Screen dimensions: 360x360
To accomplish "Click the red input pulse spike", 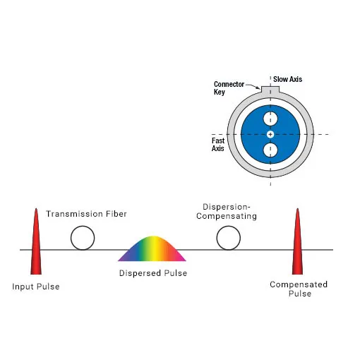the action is [36, 242].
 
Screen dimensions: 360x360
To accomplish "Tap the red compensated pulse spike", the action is [297, 242].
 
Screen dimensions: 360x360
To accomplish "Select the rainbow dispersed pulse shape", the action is [152, 249].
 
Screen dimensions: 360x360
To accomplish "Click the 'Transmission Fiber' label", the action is [86, 214].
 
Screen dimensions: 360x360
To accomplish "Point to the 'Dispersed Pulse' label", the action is [153, 273].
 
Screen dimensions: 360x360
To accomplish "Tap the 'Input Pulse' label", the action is [36, 287].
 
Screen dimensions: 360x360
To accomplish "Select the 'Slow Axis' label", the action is [287, 79].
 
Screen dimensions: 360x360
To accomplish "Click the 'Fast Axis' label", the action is [218, 145].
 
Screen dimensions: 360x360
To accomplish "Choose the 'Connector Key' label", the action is [229, 88].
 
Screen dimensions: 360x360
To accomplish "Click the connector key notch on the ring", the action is [270, 89].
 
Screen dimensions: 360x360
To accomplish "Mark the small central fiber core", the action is [270, 134].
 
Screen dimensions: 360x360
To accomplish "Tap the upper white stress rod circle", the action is [270, 119].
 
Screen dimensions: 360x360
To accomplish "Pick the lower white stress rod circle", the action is [270, 150].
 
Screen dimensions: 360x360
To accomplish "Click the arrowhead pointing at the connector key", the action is [259, 88].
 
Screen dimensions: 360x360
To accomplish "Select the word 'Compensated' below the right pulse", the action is [299, 284].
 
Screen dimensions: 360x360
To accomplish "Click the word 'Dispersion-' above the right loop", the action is [227, 207].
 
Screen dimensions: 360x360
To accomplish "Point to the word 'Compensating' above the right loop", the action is [227, 216].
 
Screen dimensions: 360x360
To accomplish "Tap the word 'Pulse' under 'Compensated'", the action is [300, 294].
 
